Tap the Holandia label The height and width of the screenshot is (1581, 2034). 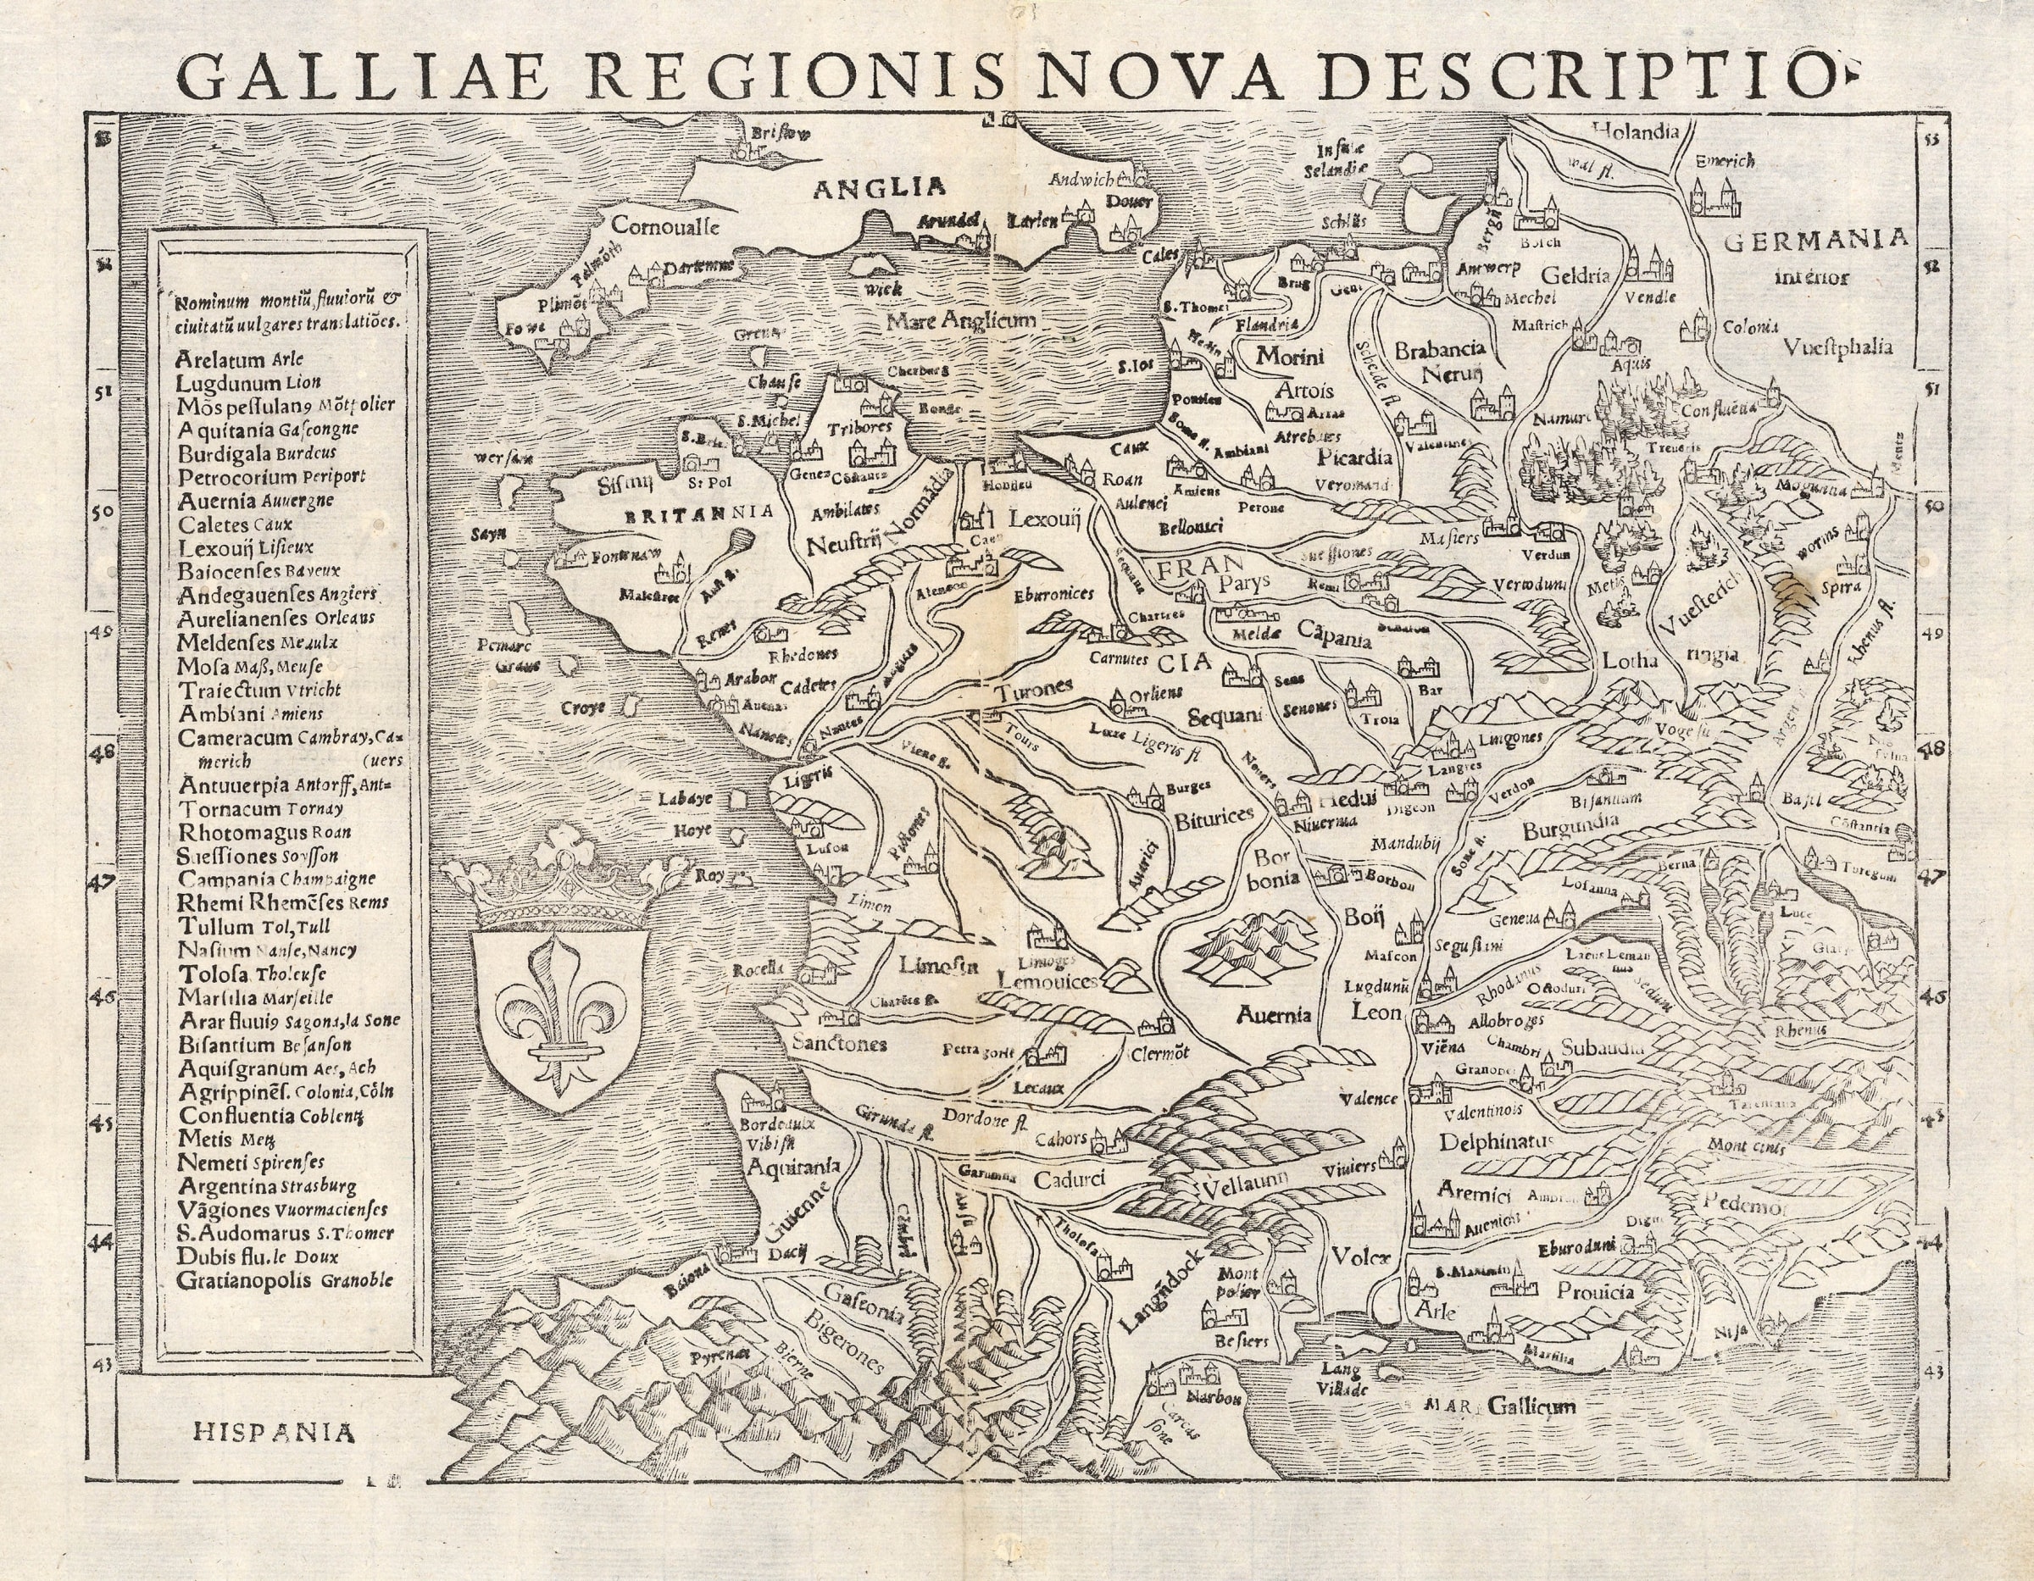pyautogui.click(x=1636, y=131)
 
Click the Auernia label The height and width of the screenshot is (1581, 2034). pyautogui.click(x=1275, y=1014)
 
